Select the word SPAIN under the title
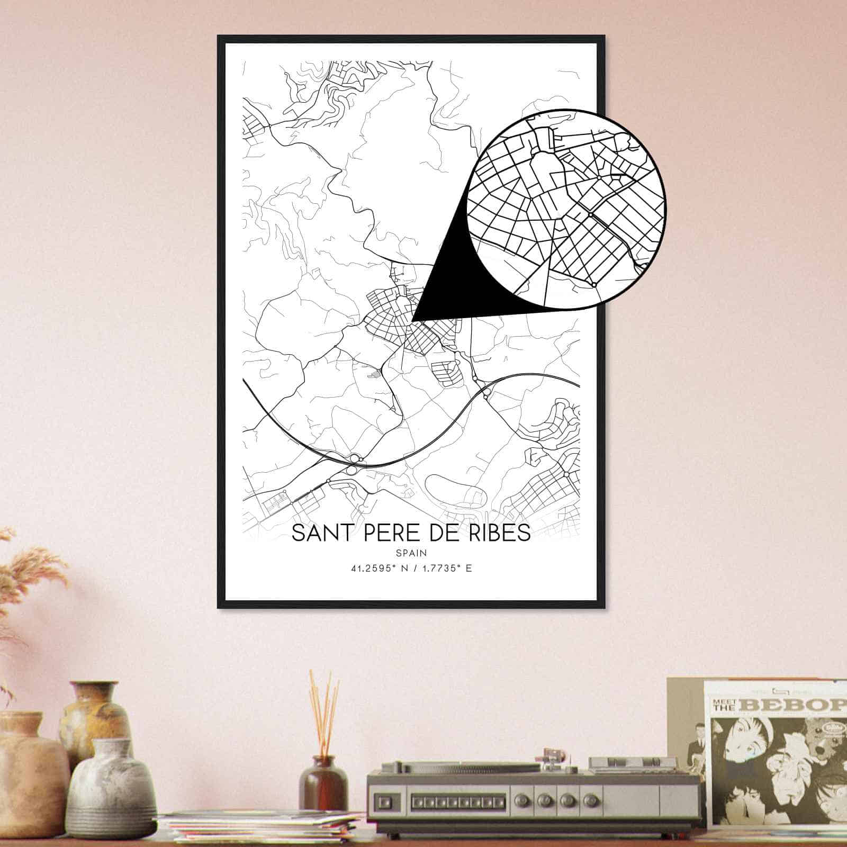(411, 553)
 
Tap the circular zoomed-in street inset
(566, 209)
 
